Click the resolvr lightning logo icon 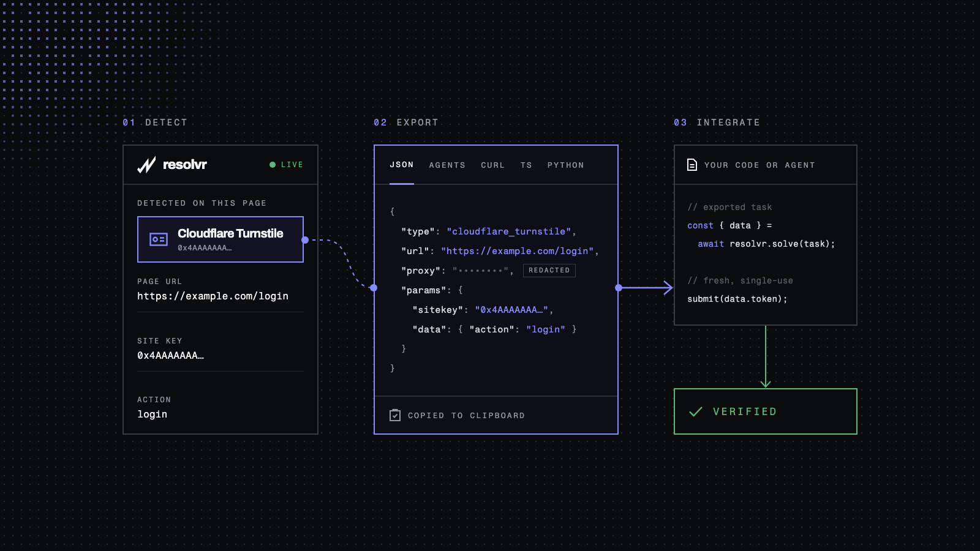coord(146,165)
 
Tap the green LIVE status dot coord(273,165)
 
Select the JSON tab coord(402,165)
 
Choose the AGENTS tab coord(447,165)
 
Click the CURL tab coord(492,165)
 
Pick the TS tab coord(526,165)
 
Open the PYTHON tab coord(566,165)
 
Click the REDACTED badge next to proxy coord(549,270)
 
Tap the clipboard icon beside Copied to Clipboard coord(395,415)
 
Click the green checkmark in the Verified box coord(696,411)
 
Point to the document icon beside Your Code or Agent coord(692,165)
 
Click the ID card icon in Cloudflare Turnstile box coord(159,239)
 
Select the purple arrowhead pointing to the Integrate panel coord(668,288)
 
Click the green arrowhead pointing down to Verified coord(766,383)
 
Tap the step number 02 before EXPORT coord(380,122)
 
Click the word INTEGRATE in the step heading coord(728,122)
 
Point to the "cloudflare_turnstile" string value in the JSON coord(509,231)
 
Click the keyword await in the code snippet coord(711,244)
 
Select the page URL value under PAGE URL coord(213,296)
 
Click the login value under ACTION coord(153,414)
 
